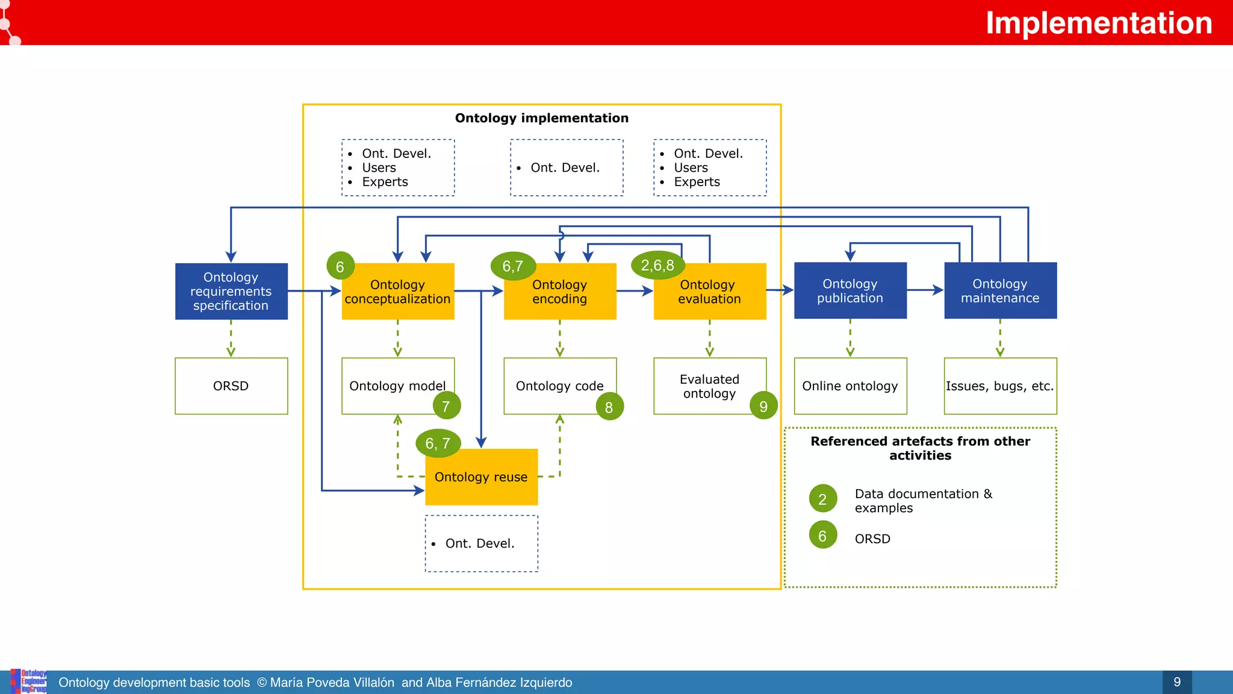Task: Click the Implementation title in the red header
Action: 1098,23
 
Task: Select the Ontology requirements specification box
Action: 231,292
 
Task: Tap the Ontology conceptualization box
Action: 397,292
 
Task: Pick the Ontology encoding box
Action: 560,292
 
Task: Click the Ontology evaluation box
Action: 710,292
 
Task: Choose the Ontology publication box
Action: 850,291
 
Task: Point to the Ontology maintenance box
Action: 1000,291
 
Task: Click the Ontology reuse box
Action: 481,477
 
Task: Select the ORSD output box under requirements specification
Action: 231,386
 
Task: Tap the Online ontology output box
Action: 850,386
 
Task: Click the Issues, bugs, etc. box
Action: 1000,386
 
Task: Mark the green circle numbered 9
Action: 763,407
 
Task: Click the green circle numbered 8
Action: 609,407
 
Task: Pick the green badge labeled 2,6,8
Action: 657,266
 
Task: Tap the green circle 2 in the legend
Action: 822,499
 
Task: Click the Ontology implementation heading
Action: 541,118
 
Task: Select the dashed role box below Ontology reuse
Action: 481,543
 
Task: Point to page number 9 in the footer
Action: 1177,682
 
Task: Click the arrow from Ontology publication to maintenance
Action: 925,290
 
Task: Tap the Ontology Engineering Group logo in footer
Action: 29,681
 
